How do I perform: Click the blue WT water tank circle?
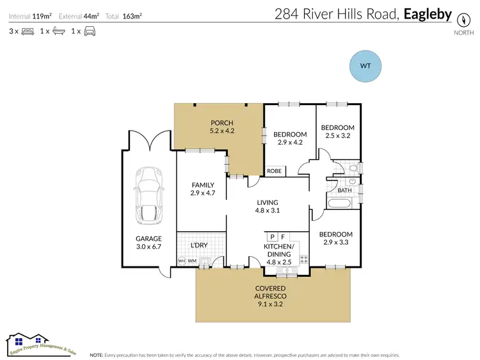tap(365, 66)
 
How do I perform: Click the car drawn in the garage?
tap(147, 197)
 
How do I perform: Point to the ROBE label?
tap(275, 171)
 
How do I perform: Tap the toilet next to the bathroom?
tap(353, 168)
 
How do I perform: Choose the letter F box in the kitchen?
tap(283, 237)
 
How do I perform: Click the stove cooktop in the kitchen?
tap(303, 260)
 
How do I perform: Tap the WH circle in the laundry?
tap(181, 261)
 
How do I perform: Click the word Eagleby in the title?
tap(428, 13)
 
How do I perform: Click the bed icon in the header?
tap(28, 31)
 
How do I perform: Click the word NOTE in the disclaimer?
tap(97, 354)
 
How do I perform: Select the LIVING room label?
tap(268, 202)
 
